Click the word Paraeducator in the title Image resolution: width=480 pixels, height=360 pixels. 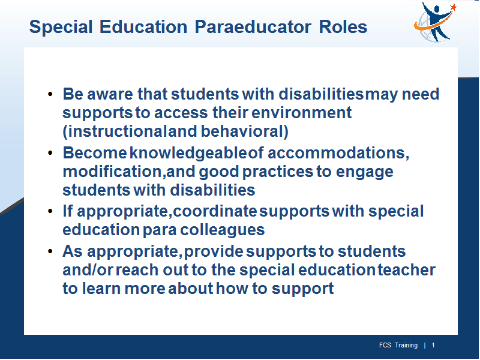click(x=253, y=27)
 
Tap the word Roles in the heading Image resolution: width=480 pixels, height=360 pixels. click(x=343, y=27)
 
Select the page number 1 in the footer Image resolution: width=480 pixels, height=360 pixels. click(x=433, y=346)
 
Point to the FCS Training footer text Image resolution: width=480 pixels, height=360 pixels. click(x=398, y=346)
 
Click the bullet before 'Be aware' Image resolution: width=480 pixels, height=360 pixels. click(x=50, y=94)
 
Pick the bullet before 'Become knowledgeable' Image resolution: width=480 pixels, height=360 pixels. click(x=50, y=153)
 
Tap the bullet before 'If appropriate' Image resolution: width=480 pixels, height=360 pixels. click(x=50, y=211)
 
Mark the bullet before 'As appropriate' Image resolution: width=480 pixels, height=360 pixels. click(x=50, y=251)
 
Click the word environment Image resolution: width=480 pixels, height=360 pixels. click(x=302, y=113)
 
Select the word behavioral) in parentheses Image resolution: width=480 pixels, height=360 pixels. click(x=245, y=131)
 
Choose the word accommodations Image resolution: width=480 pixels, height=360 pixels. click(x=338, y=153)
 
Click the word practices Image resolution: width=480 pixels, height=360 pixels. click(x=278, y=172)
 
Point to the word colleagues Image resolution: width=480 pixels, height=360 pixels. click(x=222, y=230)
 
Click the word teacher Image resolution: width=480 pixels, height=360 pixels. click(x=407, y=270)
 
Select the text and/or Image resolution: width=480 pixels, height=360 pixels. click(x=88, y=270)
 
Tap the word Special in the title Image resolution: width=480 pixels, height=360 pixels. click(x=61, y=27)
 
